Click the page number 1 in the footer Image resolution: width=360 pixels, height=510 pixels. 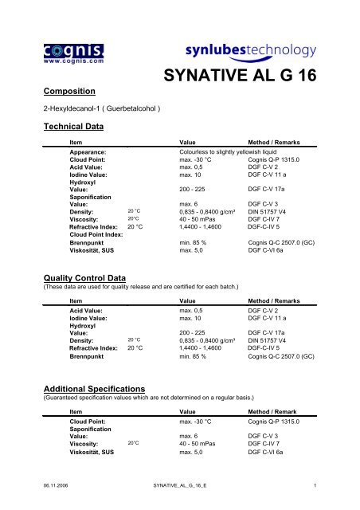click(x=315, y=484)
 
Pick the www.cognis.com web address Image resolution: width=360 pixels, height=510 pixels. click(x=42, y=59)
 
